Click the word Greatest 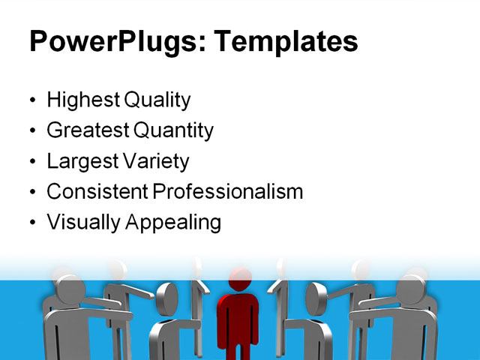(x=88, y=130)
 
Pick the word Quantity (x=174, y=130)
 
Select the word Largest (x=82, y=161)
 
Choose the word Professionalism (x=228, y=191)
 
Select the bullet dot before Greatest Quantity (x=31, y=132)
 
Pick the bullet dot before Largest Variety (x=31, y=162)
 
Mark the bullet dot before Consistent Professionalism (x=31, y=193)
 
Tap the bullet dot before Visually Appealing (x=31, y=223)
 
